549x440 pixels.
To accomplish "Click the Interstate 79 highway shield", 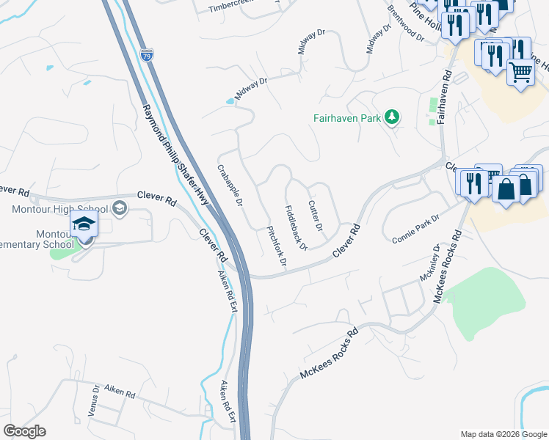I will click(x=146, y=54).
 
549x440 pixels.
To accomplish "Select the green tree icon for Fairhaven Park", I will click(x=393, y=117).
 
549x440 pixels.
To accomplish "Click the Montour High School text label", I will click(x=60, y=210).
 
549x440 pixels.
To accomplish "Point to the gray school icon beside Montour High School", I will click(x=119, y=210).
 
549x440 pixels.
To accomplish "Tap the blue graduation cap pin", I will click(x=84, y=224).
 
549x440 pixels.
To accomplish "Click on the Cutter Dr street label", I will click(x=316, y=216).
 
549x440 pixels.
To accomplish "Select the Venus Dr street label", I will click(x=93, y=400).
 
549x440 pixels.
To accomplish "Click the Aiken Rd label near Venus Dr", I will click(x=120, y=394).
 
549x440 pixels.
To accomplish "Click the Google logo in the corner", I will click(x=24, y=431).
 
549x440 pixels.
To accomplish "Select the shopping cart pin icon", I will click(x=520, y=72).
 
